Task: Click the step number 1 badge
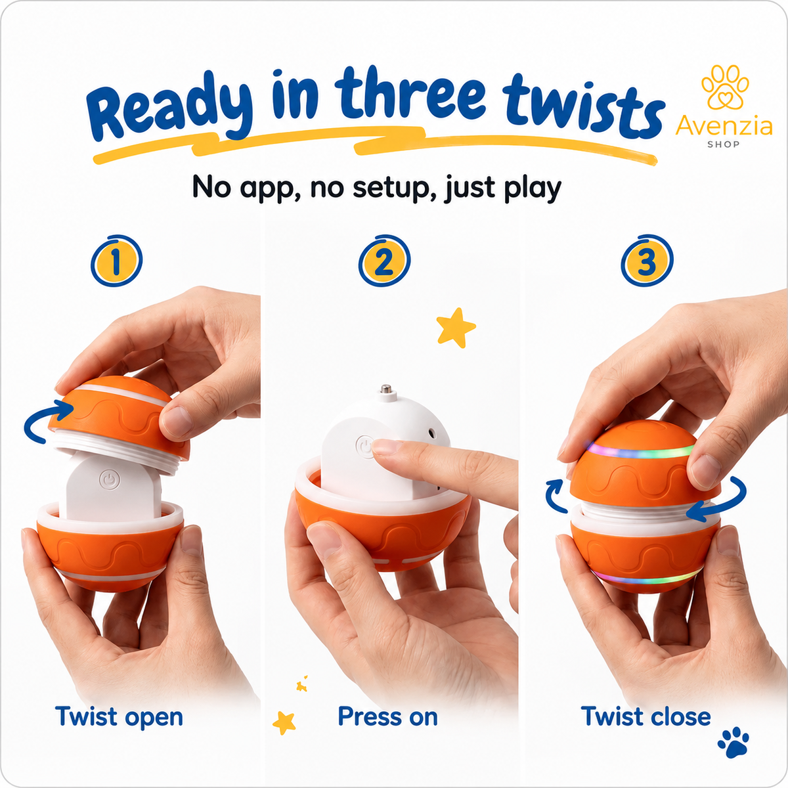click(x=116, y=261)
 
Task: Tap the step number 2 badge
click(x=384, y=261)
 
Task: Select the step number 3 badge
click(x=647, y=261)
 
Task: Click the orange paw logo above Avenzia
click(x=725, y=87)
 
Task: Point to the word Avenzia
click(x=724, y=126)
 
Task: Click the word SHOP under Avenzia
click(x=724, y=144)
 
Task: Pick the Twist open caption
click(x=119, y=717)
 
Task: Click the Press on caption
click(x=387, y=716)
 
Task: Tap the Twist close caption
click(x=646, y=716)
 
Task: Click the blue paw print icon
click(x=733, y=742)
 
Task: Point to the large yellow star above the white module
click(x=456, y=328)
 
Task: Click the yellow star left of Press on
click(x=284, y=722)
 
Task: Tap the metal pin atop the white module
click(x=385, y=389)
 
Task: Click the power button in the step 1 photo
click(x=110, y=480)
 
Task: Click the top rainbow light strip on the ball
click(x=640, y=452)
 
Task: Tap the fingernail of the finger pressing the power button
click(x=386, y=447)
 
